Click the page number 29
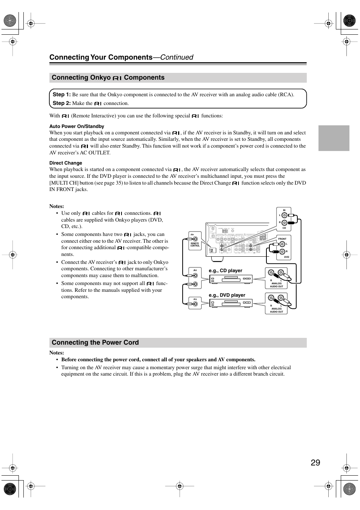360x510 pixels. [315, 462]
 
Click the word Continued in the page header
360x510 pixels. [177, 57]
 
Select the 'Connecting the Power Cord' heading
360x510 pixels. [95, 342]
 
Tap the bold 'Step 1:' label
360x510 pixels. [62, 94]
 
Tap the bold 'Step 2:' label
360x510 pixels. [62, 103]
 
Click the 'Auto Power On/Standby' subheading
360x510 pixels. [77, 126]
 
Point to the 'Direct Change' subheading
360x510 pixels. [66, 163]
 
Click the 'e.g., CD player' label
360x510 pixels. [225, 271]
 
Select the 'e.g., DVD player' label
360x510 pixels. [227, 295]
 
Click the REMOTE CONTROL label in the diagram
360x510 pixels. [195, 245]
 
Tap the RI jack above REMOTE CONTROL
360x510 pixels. [195, 238]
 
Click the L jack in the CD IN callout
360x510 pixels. [284, 216]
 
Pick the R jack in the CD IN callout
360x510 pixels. [284, 223]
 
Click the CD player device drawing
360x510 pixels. [231, 279]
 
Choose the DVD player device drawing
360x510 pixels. [231, 303]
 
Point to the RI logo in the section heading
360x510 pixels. [117, 78]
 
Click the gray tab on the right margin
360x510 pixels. [334, 138]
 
